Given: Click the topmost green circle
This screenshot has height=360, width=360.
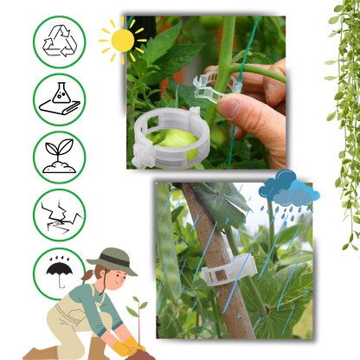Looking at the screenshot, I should (x=59, y=42).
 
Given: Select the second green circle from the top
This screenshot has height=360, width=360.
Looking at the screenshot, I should (x=59, y=100).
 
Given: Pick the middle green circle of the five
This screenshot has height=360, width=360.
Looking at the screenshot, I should (x=59, y=157).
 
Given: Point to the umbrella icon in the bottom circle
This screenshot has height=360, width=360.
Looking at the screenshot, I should (x=59, y=269).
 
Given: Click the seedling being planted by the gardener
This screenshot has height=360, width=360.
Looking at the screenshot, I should (x=137, y=312).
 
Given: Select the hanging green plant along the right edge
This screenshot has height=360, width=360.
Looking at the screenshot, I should (x=344, y=112).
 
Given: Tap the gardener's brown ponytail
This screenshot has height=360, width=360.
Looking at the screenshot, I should (x=84, y=275).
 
